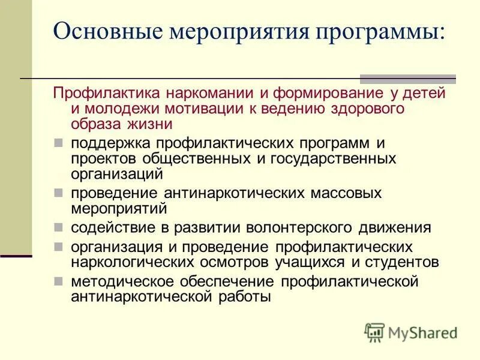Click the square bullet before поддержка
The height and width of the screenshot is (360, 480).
(58, 144)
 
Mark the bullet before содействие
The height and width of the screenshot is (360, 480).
(58, 228)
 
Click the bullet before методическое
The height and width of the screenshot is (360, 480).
(58, 281)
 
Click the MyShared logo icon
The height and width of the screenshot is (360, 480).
(374, 332)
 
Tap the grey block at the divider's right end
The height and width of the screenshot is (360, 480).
(407, 79)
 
